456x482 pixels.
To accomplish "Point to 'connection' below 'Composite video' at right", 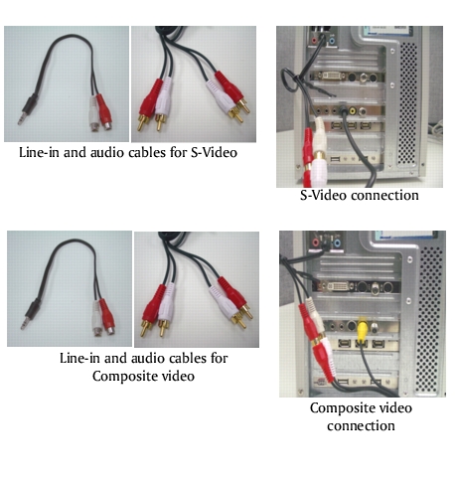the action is tap(361, 425).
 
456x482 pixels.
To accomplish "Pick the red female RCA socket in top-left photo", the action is tap(104, 113).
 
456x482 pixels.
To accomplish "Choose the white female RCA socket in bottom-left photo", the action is tap(96, 319).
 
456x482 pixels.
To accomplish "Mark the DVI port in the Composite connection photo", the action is tap(337, 286).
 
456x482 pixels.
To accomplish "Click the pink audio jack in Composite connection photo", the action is tap(316, 242).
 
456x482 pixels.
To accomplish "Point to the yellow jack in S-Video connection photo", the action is tap(354, 110).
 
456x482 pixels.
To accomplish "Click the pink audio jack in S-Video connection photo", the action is tap(314, 41).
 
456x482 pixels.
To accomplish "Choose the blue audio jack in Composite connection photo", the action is tap(337, 243).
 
